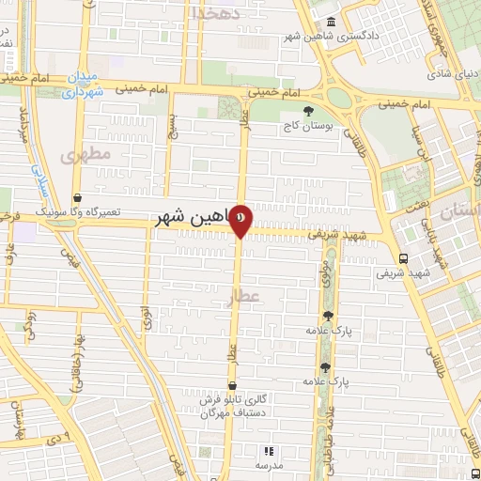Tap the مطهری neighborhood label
click(85, 153)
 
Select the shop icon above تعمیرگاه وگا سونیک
click(90, 198)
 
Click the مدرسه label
click(270, 466)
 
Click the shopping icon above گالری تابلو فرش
click(232, 385)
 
